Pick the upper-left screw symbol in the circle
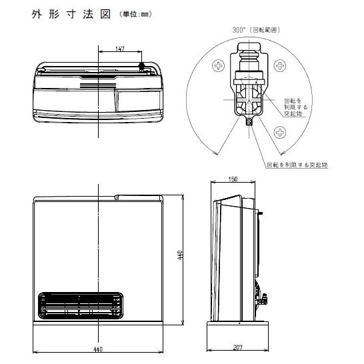[219, 65]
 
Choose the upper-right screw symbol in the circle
[279, 65]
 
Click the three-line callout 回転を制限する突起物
[296, 106]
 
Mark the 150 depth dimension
[233, 179]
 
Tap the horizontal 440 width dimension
[97, 349]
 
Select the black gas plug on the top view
[141, 67]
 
